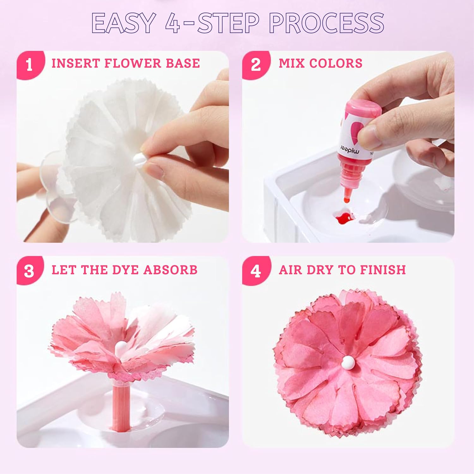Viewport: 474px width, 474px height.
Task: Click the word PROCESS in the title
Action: [326, 23]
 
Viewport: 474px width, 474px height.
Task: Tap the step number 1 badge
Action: [29, 65]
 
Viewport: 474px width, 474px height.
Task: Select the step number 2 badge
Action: [256, 65]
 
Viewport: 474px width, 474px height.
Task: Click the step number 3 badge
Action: [29, 271]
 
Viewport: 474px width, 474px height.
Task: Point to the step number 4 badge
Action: [256, 271]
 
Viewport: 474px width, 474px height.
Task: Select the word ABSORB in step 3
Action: [170, 270]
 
